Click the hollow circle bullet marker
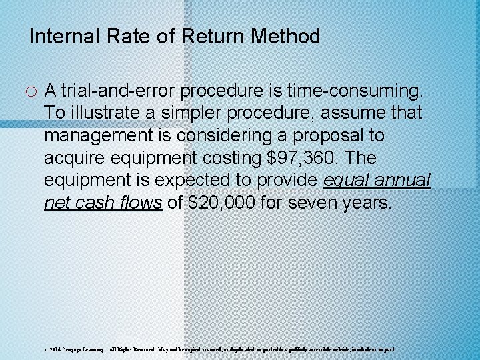pyautogui.click(x=34, y=91)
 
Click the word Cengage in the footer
pyautogui.click(x=65, y=349)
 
